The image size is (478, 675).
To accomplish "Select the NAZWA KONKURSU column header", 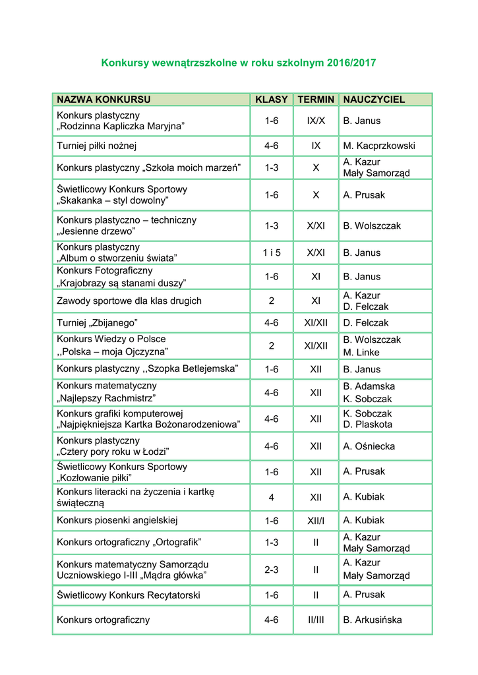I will (x=104, y=100).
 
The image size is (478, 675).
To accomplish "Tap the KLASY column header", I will (x=272, y=100).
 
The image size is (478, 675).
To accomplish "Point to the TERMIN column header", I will (x=316, y=100).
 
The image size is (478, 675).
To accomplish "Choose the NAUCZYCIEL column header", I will (x=374, y=100).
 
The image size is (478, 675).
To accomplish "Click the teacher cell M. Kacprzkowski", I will (x=379, y=146).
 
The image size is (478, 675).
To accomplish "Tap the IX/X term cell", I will (x=316, y=121).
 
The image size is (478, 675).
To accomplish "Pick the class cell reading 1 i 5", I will (x=272, y=252).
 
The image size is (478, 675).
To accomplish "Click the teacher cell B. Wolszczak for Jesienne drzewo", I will (x=372, y=225).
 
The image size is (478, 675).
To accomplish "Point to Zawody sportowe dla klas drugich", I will (x=129, y=301).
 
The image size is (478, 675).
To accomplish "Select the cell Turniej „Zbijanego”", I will (x=97, y=323).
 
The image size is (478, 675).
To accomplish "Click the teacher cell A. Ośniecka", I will (x=369, y=446).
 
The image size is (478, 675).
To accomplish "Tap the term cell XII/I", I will (x=316, y=521).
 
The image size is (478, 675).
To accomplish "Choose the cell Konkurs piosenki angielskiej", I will (x=117, y=520).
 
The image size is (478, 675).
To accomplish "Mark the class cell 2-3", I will (x=272, y=570).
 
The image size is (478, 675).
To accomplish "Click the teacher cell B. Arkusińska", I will (x=373, y=620).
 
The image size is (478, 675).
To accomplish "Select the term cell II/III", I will (x=316, y=620).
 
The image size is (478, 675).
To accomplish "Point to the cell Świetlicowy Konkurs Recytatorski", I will (x=129, y=595).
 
